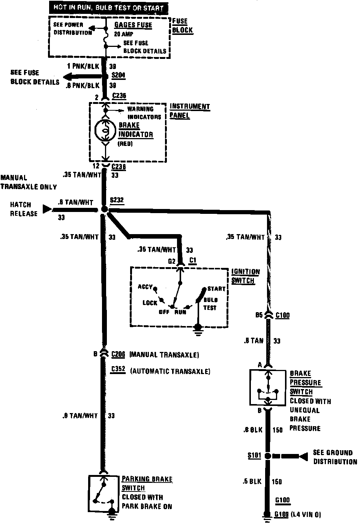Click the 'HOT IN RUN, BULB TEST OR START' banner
(x=109, y=7)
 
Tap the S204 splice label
(x=118, y=75)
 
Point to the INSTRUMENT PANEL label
(x=189, y=111)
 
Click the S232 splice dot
(x=105, y=209)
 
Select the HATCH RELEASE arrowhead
(x=47, y=209)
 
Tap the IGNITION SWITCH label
(x=245, y=276)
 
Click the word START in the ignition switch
(x=216, y=289)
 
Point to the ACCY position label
(x=145, y=287)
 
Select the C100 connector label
(x=282, y=315)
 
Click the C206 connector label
(x=118, y=354)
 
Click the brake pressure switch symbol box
(x=268, y=387)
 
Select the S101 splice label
(x=254, y=455)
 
